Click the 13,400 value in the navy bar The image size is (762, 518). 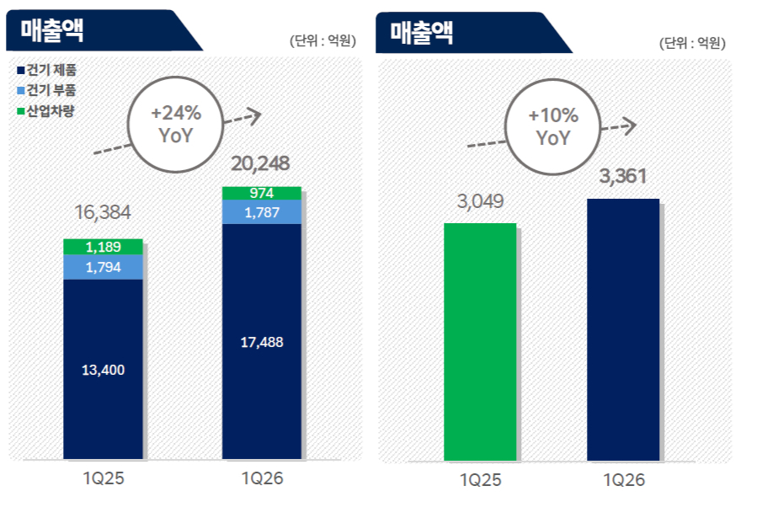click(104, 370)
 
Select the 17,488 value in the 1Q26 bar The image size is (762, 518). click(262, 342)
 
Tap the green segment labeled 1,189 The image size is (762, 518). click(104, 247)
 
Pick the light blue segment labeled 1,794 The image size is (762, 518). click(104, 267)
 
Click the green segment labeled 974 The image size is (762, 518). click(262, 194)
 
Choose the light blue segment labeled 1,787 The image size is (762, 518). click(262, 213)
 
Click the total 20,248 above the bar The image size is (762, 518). click(261, 162)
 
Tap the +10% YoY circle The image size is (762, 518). click(552, 127)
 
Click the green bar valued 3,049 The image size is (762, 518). click(479, 341)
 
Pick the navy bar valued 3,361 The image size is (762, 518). click(623, 329)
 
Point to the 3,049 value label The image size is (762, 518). click(479, 202)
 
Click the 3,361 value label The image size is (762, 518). click(623, 178)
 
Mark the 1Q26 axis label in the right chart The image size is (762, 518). click(623, 480)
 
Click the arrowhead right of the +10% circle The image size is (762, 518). click(629, 125)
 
